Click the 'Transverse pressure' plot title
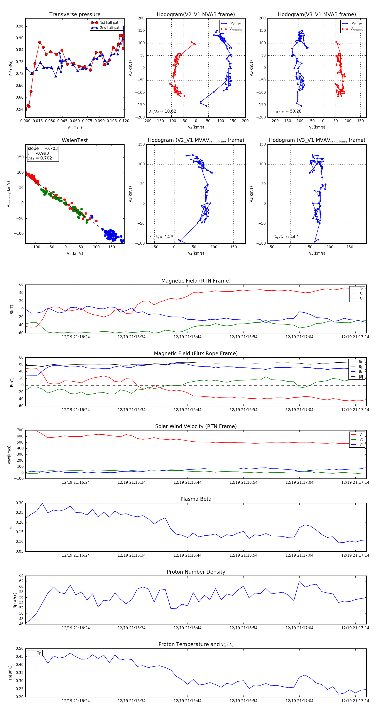click(75, 15)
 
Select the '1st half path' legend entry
click(110, 23)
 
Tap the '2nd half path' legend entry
click(110, 28)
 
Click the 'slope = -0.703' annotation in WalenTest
click(43, 148)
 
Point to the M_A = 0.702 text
click(40, 158)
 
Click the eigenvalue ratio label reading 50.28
click(288, 111)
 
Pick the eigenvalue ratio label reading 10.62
click(163, 111)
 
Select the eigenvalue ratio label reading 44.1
click(287, 237)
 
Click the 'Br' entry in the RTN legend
click(361, 289)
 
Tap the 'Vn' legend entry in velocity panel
click(361, 444)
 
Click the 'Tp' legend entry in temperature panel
click(39, 653)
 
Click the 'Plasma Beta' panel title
click(196, 499)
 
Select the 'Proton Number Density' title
click(196, 572)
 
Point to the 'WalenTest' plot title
click(75, 140)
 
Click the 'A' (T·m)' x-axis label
click(75, 128)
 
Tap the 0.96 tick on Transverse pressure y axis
click(20, 26)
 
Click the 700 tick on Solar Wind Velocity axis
click(20, 430)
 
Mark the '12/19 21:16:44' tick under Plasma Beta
click(188, 555)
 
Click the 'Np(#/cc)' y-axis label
click(15, 601)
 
